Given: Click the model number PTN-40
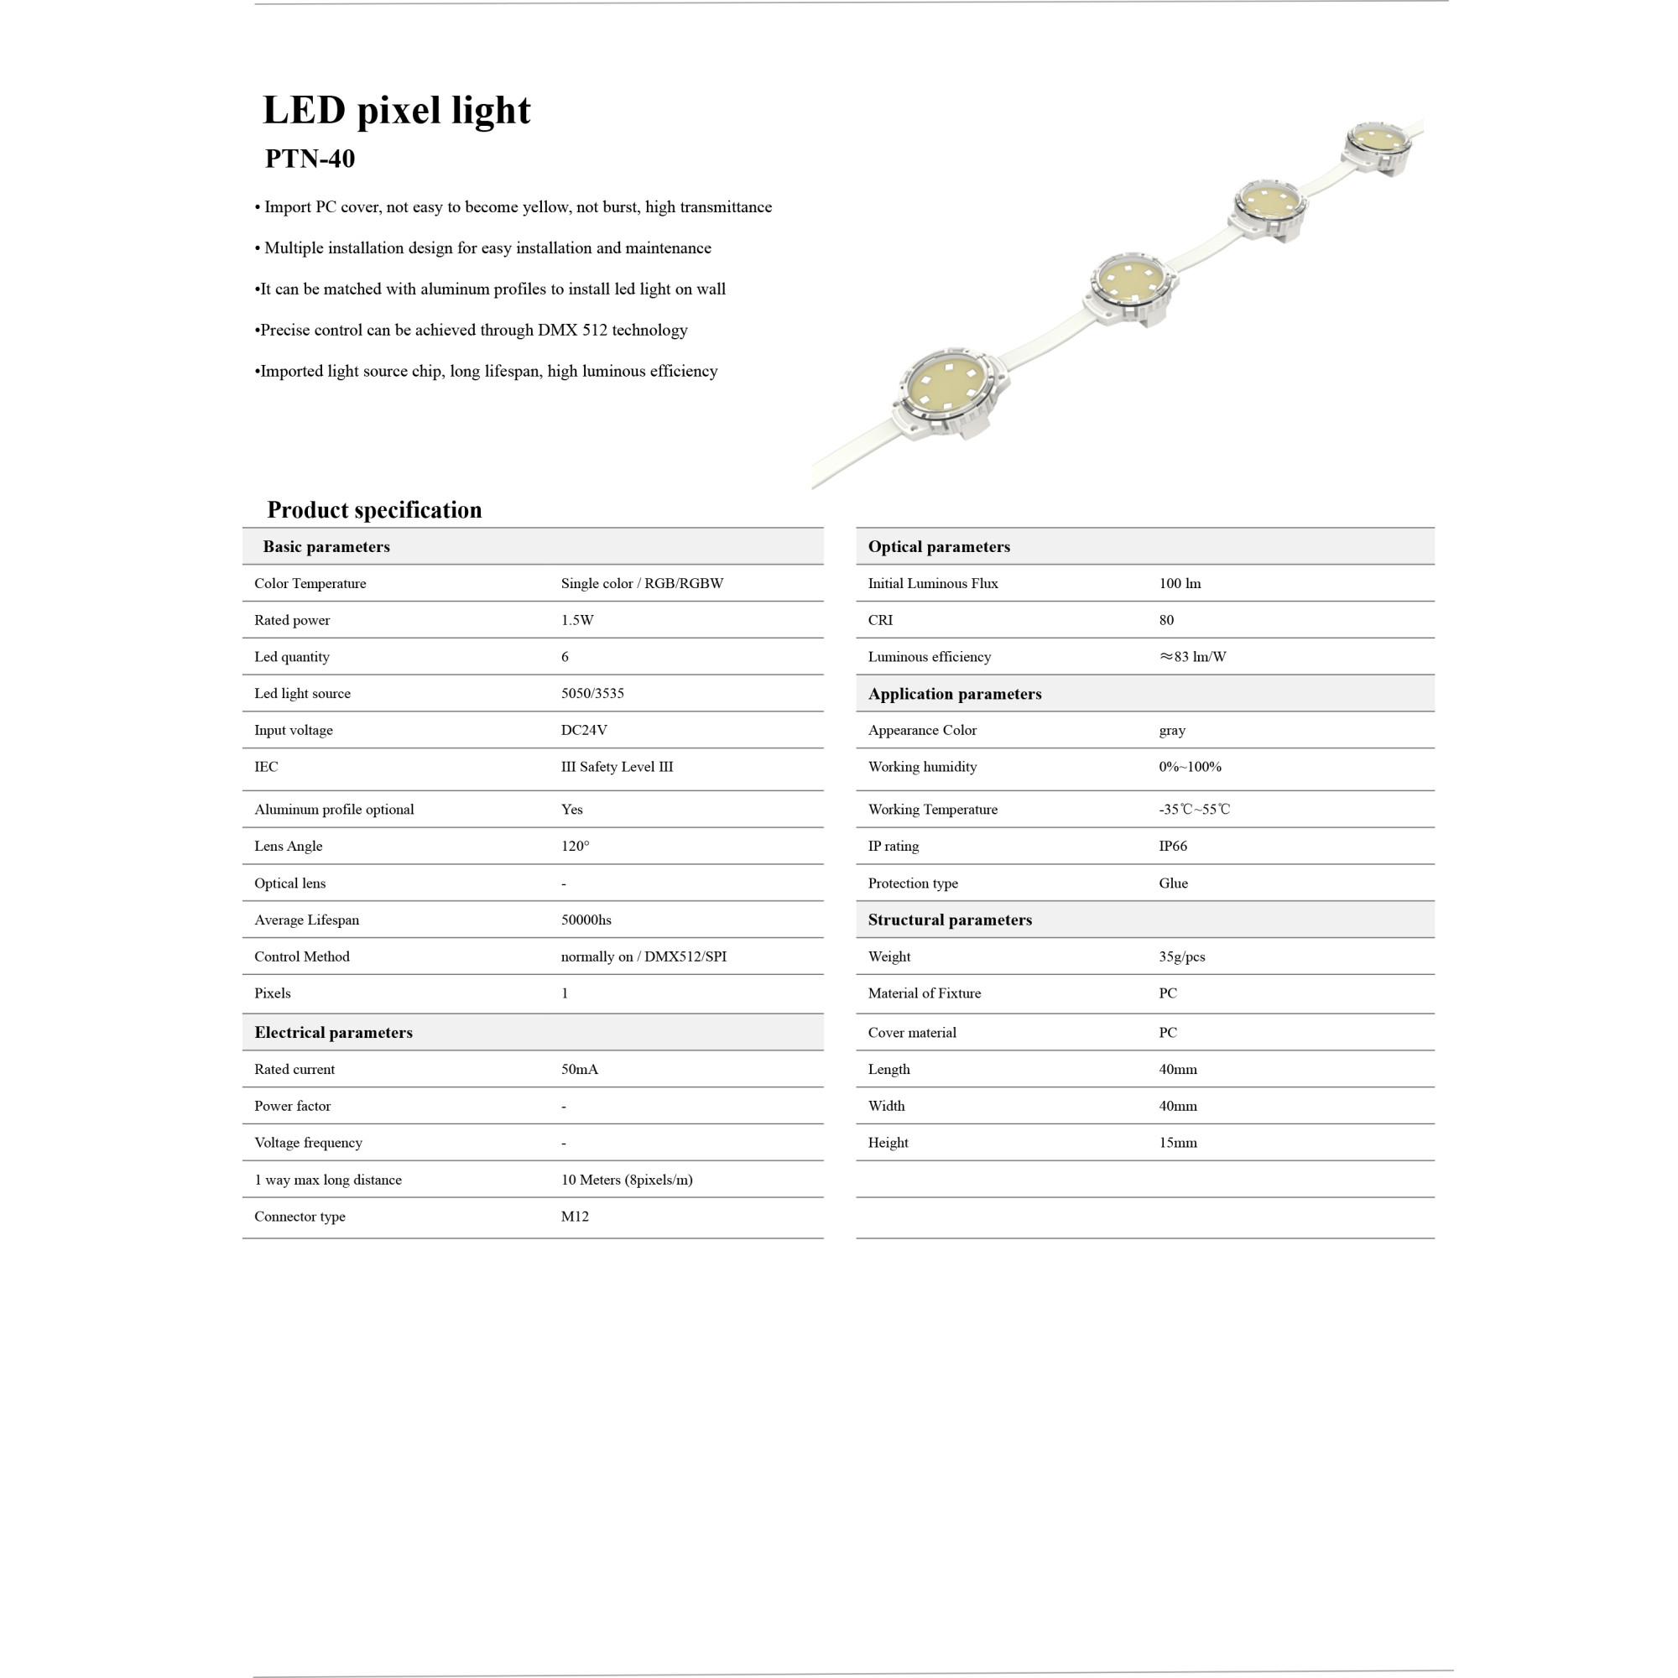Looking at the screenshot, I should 310,159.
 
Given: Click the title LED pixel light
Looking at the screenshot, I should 396,110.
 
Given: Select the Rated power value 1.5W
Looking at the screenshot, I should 576,620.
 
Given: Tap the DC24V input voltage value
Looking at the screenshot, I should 584,730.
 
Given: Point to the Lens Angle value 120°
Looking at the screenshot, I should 574,846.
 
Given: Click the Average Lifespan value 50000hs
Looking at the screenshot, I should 586,920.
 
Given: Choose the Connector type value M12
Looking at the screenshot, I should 574,1216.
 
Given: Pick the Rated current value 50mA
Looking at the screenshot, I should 579,1069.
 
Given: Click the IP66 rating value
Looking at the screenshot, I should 1173,846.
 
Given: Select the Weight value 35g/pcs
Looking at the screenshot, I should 1181,956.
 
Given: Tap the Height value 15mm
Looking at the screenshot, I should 1177,1143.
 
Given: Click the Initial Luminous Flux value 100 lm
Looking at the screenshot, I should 1180,584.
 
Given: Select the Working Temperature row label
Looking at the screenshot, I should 932,810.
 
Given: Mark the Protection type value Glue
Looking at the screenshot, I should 1173,883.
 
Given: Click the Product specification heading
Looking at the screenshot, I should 374,510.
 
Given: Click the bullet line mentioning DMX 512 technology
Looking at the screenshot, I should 473,330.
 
